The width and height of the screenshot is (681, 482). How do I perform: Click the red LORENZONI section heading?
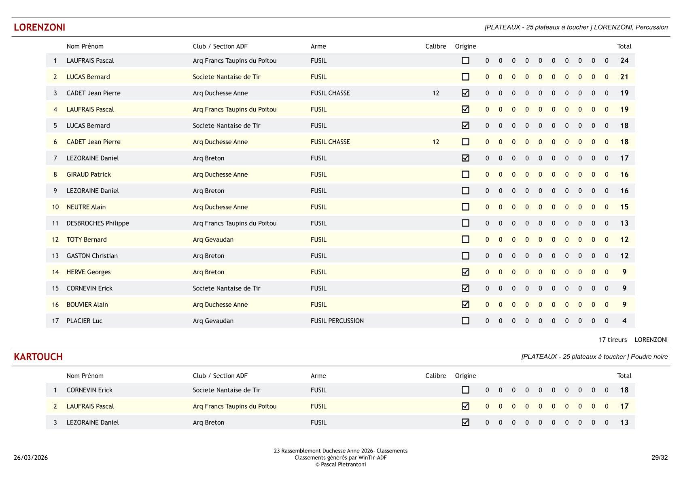tap(39, 28)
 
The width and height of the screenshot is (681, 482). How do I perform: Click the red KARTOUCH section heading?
tap(38, 357)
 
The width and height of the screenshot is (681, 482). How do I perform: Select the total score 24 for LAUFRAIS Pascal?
tap(624, 61)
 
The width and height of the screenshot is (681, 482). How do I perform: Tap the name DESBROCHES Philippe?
tap(98, 223)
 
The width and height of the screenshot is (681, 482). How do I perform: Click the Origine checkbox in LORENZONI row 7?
tap(465, 158)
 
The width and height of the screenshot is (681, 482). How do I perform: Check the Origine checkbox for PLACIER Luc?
tap(465, 321)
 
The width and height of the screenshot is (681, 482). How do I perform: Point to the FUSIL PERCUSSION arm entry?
tap(337, 321)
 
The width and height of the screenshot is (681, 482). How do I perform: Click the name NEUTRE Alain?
tap(86, 207)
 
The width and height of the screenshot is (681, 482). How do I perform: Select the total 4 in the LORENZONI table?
tap(624, 321)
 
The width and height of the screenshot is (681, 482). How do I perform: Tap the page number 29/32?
tap(659, 458)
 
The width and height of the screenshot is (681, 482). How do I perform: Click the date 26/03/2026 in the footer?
tap(31, 458)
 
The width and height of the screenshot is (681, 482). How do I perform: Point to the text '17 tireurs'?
tap(613, 340)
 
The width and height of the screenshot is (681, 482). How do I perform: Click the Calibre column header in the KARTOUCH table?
tap(435, 376)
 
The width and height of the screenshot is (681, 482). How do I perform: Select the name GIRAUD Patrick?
tap(89, 175)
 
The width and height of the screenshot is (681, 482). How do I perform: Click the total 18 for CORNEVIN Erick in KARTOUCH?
tap(624, 390)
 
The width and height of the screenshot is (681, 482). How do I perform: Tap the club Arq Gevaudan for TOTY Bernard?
tap(213, 240)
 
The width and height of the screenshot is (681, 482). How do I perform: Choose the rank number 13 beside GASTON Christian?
tap(55, 256)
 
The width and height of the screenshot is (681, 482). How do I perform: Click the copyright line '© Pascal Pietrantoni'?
tap(340, 465)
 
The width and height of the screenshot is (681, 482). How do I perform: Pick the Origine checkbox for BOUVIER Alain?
tap(465, 305)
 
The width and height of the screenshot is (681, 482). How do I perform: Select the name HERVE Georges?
tap(88, 272)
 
